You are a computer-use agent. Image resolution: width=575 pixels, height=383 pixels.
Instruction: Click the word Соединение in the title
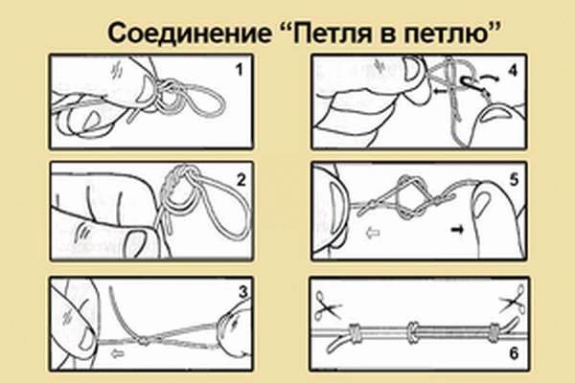point(189,34)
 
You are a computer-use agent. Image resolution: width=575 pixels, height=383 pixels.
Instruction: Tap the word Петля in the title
point(329,34)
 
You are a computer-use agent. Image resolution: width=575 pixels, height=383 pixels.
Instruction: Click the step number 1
point(239,70)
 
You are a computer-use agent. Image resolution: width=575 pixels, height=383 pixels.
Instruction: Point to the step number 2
point(241,180)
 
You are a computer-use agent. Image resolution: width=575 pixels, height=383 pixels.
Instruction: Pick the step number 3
point(242,292)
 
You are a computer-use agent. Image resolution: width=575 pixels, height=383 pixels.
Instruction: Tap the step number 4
point(513,70)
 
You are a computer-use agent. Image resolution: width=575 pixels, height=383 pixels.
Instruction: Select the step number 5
point(514,180)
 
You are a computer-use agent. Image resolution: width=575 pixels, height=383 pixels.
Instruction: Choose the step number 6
point(514,353)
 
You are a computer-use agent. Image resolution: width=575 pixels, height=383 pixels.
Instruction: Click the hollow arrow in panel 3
point(118,353)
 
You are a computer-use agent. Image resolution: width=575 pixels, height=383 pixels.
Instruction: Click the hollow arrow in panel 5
point(374,233)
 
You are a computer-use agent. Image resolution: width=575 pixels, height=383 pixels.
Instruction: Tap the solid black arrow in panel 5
point(457,230)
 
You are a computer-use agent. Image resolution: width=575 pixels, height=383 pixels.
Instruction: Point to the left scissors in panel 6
point(328,304)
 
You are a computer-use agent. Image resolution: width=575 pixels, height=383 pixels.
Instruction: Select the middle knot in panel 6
point(413,332)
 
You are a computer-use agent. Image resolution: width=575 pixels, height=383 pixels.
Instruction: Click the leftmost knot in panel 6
point(355,333)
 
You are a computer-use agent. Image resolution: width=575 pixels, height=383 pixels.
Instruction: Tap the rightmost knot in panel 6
point(494,331)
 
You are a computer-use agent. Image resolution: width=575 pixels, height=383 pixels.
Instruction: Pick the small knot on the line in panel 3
point(143,342)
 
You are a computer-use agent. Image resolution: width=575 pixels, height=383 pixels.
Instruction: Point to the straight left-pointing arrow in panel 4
point(439,91)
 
